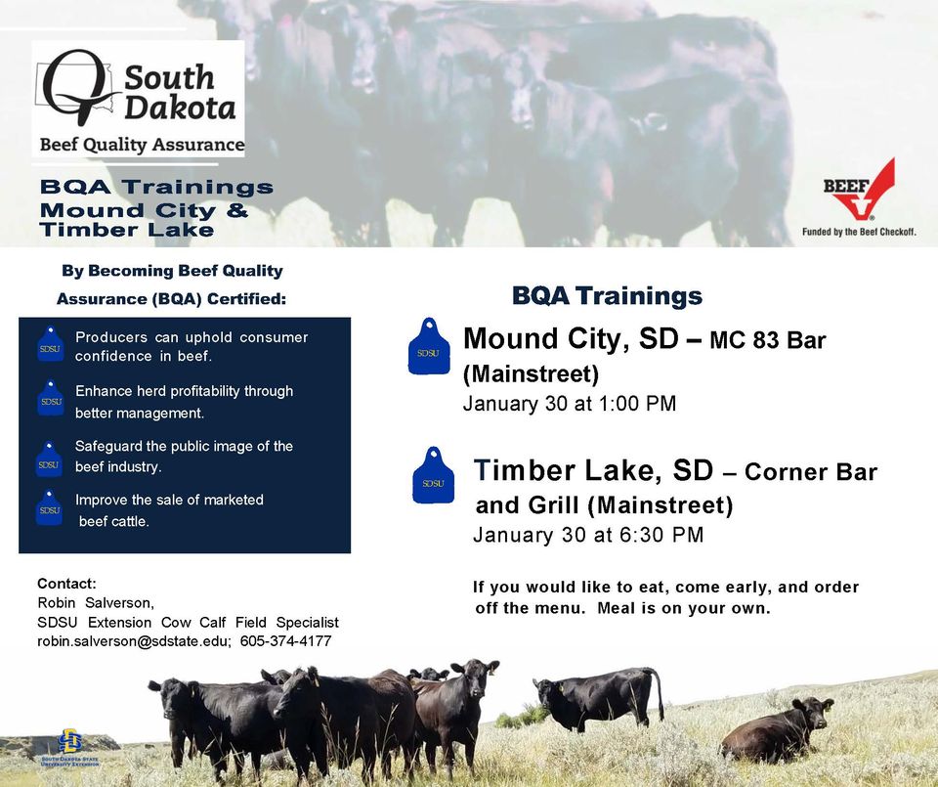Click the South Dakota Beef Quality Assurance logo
click(x=138, y=98)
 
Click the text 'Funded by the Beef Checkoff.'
click(x=859, y=232)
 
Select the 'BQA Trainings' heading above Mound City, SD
click(x=607, y=295)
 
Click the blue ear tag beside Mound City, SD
click(x=428, y=347)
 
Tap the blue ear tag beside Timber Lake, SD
click(x=433, y=476)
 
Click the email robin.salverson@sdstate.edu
click(x=134, y=641)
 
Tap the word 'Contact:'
click(x=66, y=584)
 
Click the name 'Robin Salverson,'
click(x=96, y=602)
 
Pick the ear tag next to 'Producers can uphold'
click(x=49, y=345)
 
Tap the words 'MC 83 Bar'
click(x=767, y=341)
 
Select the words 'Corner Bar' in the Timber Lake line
click(x=810, y=473)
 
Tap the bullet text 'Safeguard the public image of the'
click(x=184, y=446)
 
